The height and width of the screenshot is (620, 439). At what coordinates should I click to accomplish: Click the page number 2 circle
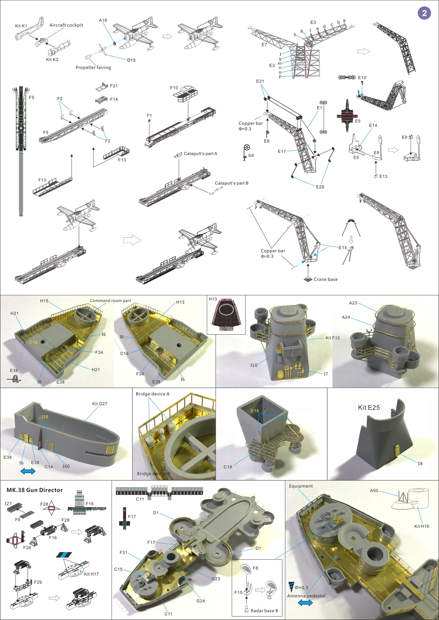[424, 13]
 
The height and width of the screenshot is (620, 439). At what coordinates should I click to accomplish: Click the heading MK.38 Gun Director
[35, 490]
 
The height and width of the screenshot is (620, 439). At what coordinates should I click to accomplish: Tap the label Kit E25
[369, 408]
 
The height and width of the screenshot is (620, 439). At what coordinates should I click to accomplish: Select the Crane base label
[325, 279]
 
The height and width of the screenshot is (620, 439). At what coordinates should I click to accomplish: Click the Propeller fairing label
[93, 67]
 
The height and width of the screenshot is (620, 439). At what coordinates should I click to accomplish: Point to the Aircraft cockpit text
[66, 25]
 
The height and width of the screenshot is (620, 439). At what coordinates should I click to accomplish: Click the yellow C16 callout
[33, 342]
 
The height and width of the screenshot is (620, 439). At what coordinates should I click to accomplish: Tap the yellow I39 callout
[45, 417]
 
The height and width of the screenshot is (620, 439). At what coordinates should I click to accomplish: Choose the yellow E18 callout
[255, 411]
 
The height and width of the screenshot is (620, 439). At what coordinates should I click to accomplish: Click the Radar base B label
[264, 611]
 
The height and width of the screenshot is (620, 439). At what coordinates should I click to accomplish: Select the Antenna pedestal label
[306, 596]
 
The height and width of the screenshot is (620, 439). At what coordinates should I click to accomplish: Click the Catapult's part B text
[232, 183]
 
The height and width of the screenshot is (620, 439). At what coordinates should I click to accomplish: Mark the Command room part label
[110, 300]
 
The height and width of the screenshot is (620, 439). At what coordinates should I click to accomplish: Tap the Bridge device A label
[153, 394]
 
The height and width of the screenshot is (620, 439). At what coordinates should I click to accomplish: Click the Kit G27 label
[100, 404]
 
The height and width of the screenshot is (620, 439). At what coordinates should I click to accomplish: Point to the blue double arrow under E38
[28, 471]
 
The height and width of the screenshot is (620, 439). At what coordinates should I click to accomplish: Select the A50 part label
[374, 490]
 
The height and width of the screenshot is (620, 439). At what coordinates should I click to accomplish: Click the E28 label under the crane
[320, 187]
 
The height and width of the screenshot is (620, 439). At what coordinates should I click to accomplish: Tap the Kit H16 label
[421, 526]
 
